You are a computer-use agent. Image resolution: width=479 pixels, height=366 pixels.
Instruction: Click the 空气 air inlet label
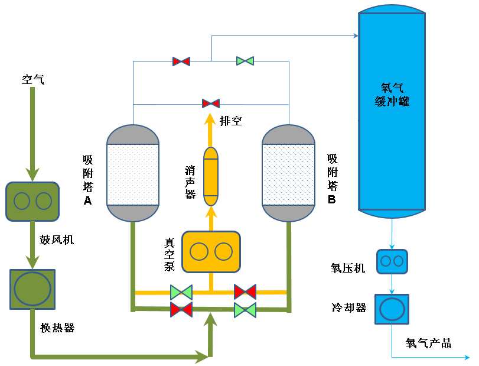tap(32, 79)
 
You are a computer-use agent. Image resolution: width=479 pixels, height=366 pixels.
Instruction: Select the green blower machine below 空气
tap(32, 201)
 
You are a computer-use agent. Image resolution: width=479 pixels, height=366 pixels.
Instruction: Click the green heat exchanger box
tap(32, 289)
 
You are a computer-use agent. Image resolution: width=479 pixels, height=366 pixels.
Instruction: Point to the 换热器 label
tap(57, 328)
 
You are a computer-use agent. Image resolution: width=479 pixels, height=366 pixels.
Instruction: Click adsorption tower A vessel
tap(133, 173)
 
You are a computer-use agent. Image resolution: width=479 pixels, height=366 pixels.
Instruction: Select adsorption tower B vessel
tap(288, 173)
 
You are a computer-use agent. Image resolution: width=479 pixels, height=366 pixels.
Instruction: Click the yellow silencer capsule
tap(211, 173)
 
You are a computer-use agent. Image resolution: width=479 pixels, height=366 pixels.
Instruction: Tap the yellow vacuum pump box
tap(211, 252)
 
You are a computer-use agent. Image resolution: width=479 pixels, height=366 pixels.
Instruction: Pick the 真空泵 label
tap(170, 254)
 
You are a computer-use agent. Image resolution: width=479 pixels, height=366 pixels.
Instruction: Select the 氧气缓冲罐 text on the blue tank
tap(392, 94)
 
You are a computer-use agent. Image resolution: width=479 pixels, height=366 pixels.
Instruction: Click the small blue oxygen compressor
tap(392, 261)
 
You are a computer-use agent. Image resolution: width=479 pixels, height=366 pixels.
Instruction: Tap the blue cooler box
tap(392, 309)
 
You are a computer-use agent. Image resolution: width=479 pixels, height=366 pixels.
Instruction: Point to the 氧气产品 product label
tap(428, 343)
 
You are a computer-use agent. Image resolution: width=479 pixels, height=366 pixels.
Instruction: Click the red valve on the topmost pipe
tap(181, 61)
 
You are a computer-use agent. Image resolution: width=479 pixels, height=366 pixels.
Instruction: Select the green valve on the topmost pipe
tap(245, 61)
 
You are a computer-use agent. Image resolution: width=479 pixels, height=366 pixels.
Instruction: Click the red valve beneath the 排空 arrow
tap(210, 103)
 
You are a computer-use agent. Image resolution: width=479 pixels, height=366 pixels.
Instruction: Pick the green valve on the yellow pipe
tap(181, 292)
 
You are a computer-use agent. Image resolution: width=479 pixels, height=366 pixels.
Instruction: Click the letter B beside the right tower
tap(332, 200)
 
